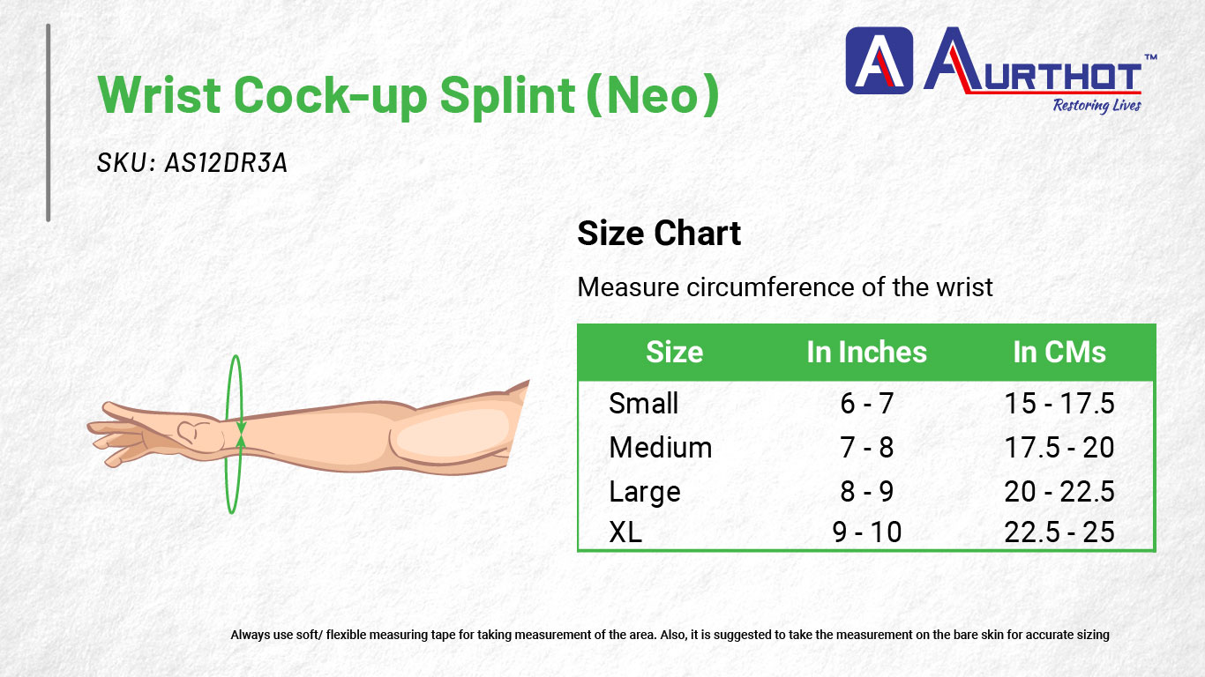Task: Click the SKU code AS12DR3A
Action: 226,162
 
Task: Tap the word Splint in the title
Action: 507,96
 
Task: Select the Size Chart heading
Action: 659,234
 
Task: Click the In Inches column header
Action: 866,353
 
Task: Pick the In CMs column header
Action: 1059,353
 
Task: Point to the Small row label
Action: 643,404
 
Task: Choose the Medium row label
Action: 661,448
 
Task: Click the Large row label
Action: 645,493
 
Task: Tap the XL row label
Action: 625,532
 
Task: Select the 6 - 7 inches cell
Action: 866,404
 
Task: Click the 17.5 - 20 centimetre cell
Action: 1059,448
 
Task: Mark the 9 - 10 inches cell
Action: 866,532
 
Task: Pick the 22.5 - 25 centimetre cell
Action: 1059,532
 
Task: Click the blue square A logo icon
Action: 879,61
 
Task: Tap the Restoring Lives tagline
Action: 1096,106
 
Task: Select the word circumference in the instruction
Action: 770,287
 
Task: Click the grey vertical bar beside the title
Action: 49,123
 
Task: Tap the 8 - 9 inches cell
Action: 866,492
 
